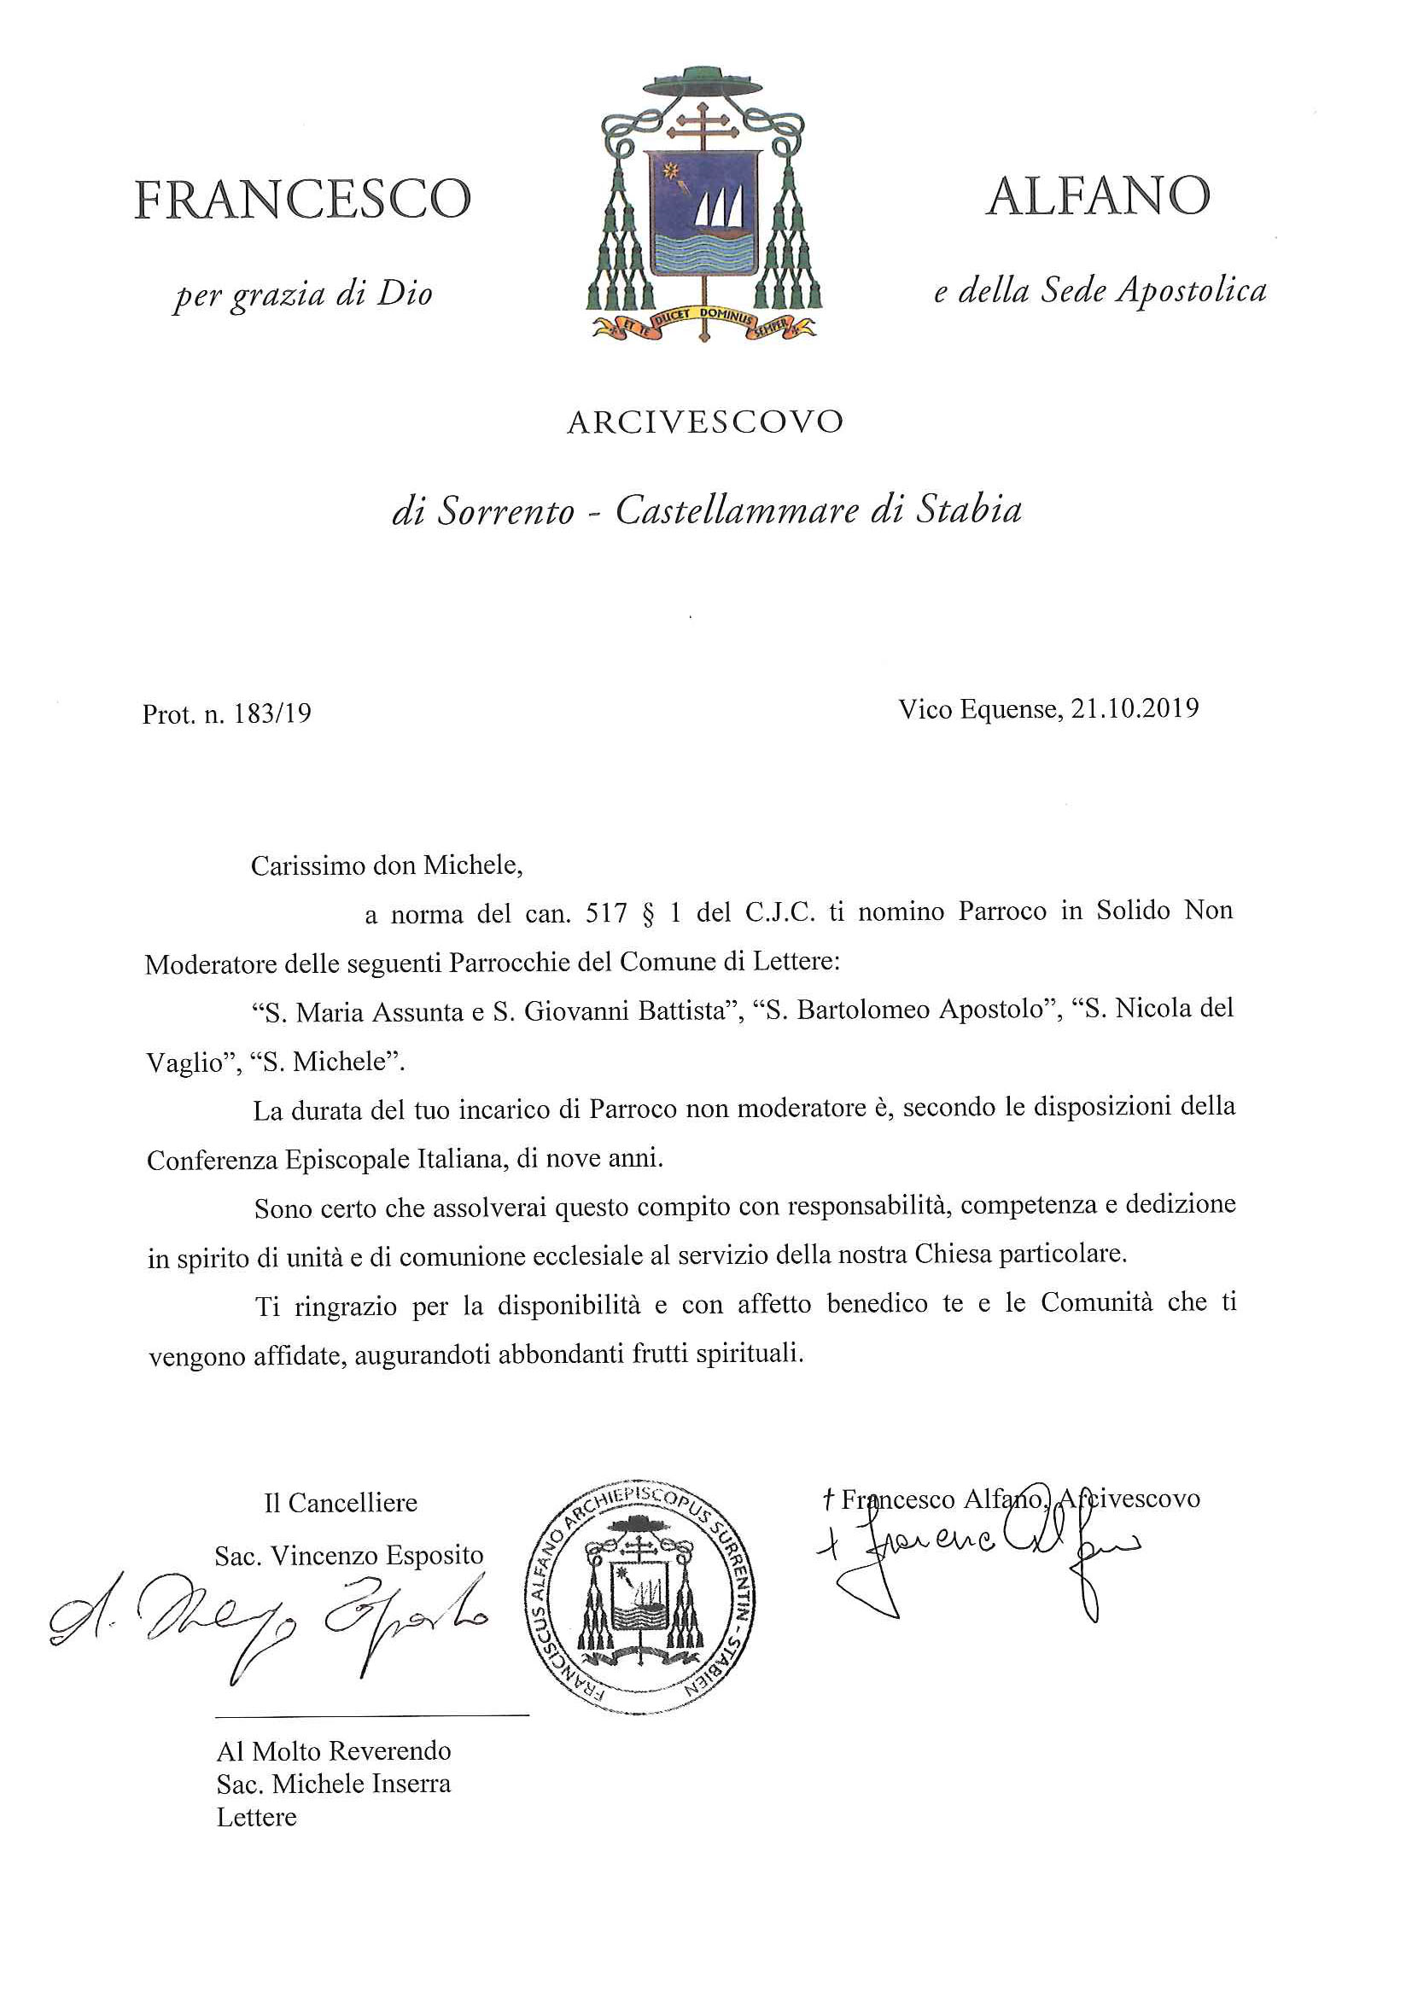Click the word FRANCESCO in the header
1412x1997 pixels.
click(302, 199)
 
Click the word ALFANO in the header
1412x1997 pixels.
click(1098, 195)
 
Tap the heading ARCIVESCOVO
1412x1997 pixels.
click(705, 422)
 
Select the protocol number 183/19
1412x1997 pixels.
click(272, 714)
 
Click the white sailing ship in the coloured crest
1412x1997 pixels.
click(720, 213)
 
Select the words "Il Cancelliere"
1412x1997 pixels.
click(340, 1503)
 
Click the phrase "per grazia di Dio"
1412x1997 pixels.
click(303, 294)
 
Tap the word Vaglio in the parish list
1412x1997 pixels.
click(184, 1063)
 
